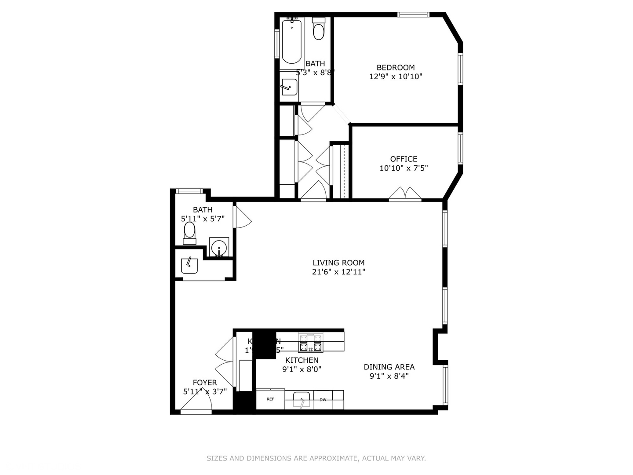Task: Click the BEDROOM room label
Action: coord(396,67)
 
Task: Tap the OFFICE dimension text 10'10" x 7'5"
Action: coord(404,168)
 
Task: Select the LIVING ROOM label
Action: coord(338,263)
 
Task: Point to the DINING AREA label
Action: coord(389,367)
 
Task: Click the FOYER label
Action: coord(205,383)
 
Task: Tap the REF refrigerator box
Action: coord(270,399)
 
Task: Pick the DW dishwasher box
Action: coord(323,400)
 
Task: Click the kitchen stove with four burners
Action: coord(310,343)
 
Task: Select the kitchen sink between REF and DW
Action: coord(302,400)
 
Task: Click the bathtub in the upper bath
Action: coord(291,42)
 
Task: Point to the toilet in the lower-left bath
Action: coord(189,232)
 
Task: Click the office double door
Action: coord(405,194)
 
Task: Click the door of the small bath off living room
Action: coord(242,216)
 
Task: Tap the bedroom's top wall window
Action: coord(413,15)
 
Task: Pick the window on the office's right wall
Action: coord(460,148)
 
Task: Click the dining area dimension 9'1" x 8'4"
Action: coord(389,376)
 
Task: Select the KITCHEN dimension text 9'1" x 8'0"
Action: coord(302,369)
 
